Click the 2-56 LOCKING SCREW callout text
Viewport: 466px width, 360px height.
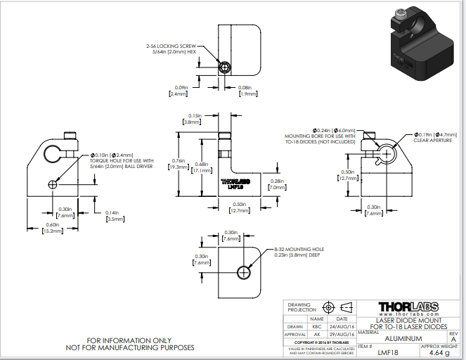coord(171,48)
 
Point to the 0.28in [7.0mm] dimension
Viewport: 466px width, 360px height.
coord(277,184)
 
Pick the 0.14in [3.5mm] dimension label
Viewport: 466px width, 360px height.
coord(113,216)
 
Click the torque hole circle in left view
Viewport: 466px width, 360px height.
coord(53,184)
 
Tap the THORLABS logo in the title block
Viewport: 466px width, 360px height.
coord(408,307)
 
